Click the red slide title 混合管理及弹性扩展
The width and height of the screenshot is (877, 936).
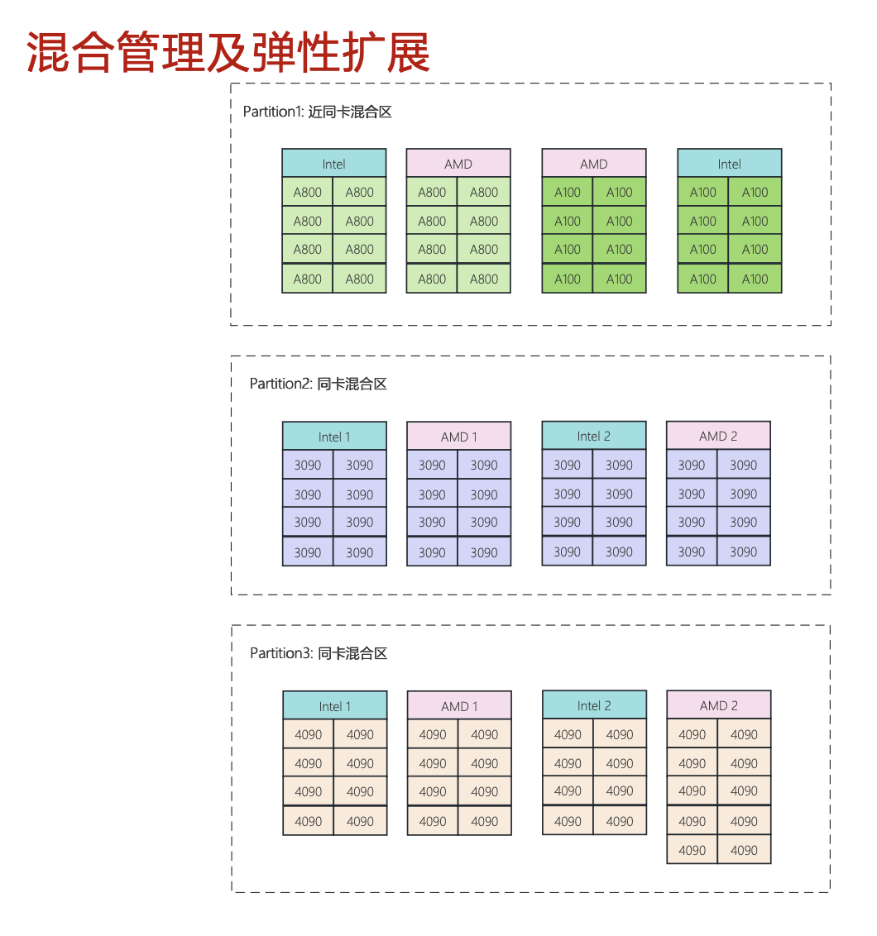(228, 53)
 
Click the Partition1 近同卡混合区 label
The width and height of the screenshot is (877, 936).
(317, 112)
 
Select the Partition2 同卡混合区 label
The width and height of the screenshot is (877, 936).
(319, 384)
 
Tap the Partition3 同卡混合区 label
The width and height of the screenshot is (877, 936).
(319, 653)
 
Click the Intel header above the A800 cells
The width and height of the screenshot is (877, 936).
(334, 163)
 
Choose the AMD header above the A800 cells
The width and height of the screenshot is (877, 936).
(458, 163)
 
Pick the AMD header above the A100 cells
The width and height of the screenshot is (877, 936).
(594, 163)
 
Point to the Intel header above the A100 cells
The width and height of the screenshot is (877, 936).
(730, 163)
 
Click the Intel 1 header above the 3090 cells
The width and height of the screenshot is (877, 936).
(334, 436)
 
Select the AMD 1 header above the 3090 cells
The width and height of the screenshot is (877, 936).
(459, 436)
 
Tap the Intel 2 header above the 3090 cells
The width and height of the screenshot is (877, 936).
(594, 435)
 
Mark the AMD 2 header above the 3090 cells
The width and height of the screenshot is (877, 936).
(718, 435)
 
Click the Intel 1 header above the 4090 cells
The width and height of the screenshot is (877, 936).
(334, 705)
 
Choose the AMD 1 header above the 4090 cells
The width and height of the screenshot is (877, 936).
(459, 705)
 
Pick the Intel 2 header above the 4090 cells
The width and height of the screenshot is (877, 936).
(594, 704)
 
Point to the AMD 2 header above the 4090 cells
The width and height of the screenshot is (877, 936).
(719, 704)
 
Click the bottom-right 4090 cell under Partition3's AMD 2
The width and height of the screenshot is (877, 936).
(745, 849)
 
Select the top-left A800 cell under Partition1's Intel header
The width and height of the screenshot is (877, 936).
(308, 192)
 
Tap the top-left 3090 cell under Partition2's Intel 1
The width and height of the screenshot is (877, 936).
(308, 465)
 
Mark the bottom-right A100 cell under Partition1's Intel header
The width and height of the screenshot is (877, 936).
(755, 278)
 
